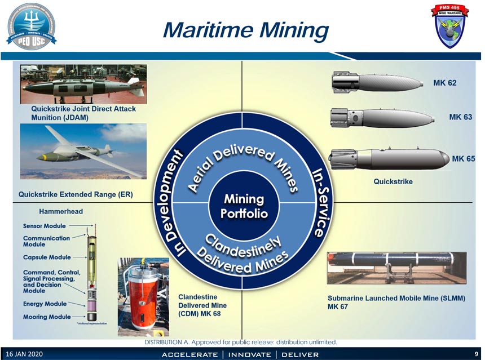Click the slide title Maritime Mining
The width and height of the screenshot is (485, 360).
(245, 30)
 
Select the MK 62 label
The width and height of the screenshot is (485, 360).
(444, 83)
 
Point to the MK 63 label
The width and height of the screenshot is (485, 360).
(460, 117)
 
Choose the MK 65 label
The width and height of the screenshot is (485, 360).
(463, 158)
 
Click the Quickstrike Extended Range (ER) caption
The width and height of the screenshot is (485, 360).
(76, 195)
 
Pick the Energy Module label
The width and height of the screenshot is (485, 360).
(45, 304)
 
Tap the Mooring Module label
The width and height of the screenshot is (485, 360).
(47, 317)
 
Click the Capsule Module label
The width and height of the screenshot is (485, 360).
(47, 257)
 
